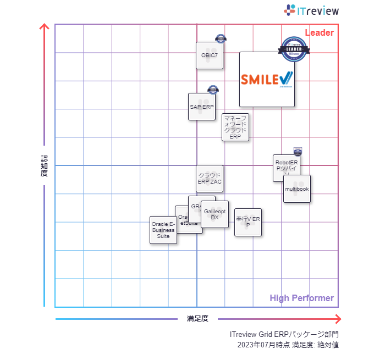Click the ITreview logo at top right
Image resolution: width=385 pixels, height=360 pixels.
point(311,10)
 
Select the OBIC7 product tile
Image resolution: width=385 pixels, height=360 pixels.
point(210,56)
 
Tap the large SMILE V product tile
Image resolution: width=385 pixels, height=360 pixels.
point(267,79)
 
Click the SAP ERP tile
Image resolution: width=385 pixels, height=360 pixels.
point(201,107)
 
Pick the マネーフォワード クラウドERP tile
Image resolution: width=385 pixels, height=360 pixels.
point(235,127)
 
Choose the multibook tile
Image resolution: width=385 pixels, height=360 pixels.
point(297,189)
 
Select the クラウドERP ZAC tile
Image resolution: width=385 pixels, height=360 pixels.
point(210,178)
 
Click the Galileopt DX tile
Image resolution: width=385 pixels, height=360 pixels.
point(215,214)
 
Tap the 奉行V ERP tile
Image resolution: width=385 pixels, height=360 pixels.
point(248,222)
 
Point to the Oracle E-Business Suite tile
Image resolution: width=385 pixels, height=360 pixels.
point(163,230)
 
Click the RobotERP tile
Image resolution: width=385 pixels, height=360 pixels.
point(286,167)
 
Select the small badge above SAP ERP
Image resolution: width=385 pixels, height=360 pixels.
point(213,89)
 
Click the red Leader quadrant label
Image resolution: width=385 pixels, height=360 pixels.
point(319,32)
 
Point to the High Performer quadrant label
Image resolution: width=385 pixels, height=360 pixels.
point(301,298)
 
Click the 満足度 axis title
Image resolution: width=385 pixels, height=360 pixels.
point(197,319)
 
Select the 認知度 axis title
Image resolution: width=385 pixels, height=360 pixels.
point(45,165)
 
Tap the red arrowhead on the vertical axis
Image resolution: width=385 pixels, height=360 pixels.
point(45,27)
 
